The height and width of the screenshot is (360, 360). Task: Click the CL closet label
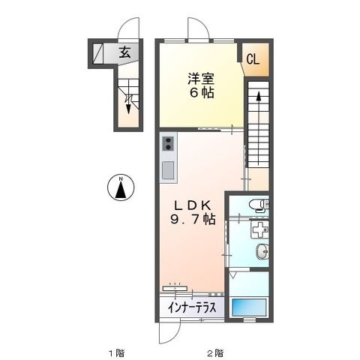pyautogui.click(x=253, y=60)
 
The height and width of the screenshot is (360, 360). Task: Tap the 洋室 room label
pyautogui.click(x=201, y=79)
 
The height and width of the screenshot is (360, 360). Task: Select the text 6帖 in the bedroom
pyautogui.click(x=202, y=93)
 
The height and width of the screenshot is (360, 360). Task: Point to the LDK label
pyautogui.click(x=193, y=205)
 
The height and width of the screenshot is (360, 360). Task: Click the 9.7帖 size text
pyautogui.click(x=193, y=219)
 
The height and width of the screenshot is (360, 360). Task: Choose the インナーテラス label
pyautogui.click(x=192, y=307)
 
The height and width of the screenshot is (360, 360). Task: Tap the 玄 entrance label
pyautogui.click(x=124, y=52)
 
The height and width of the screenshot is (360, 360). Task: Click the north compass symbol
pyautogui.click(x=121, y=187)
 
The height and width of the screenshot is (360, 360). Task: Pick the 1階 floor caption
pyautogui.click(x=116, y=353)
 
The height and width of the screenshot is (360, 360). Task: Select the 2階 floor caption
pyautogui.click(x=215, y=353)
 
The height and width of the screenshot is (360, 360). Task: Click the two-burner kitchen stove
pyautogui.click(x=168, y=144)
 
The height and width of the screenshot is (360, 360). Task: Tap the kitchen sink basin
pyautogui.click(x=168, y=170)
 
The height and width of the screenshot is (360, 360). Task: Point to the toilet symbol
pyautogui.click(x=259, y=205)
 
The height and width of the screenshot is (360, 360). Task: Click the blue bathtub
pyautogui.click(x=249, y=307)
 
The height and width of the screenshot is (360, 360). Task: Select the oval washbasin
pyautogui.click(x=262, y=250)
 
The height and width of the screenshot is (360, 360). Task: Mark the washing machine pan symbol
pyautogui.click(x=259, y=229)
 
